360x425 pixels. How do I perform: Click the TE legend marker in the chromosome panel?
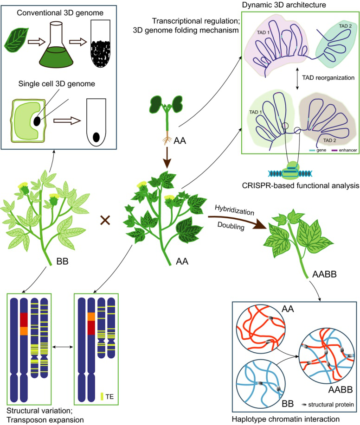click(102, 383)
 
